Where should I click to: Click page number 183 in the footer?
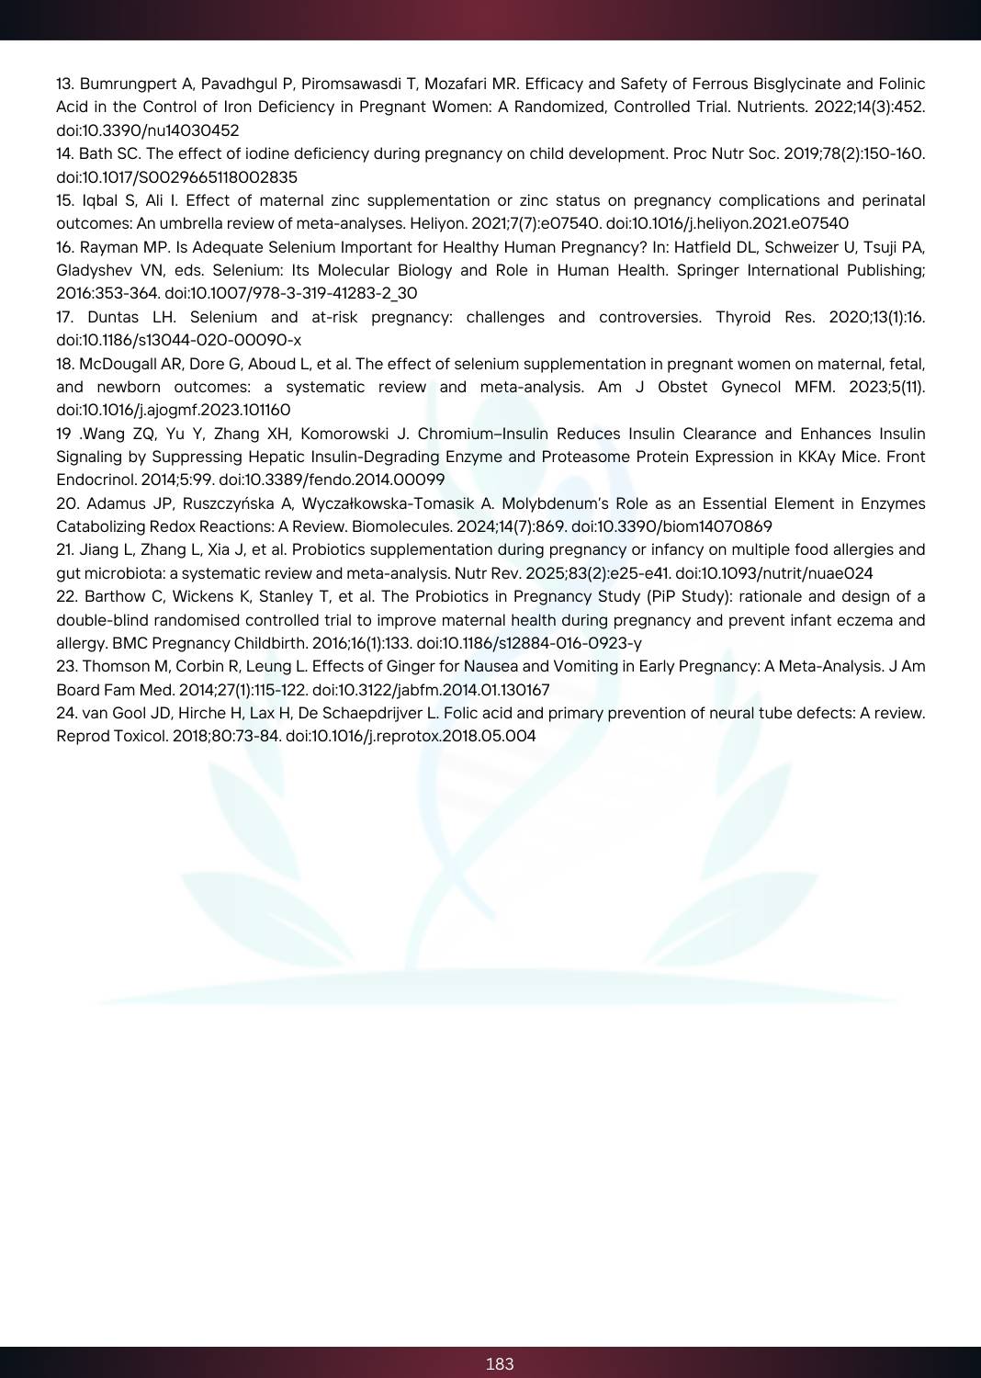tap(500, 1363)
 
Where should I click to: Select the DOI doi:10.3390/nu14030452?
tap(148, 130)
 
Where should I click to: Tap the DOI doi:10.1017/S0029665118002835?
tap(176, 177)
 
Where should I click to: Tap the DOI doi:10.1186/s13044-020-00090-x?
tap(178, 340)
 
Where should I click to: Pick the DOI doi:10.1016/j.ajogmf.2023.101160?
tap(173, 410)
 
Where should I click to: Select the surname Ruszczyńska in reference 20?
tap(234, 503)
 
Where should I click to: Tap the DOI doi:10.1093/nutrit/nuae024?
tap(774, 573)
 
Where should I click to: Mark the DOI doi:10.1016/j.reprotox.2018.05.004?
tap(411, 736)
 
